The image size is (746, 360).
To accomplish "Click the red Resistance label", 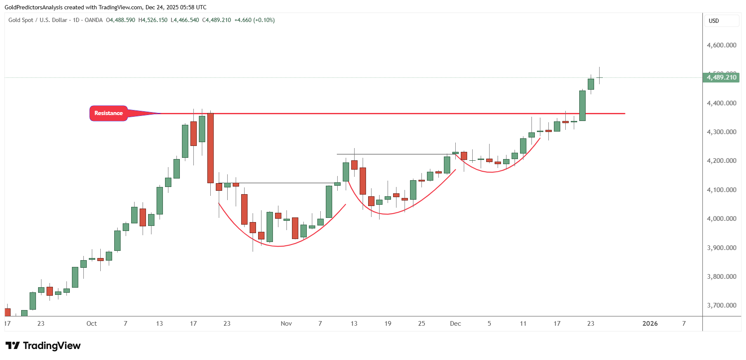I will point(108,113).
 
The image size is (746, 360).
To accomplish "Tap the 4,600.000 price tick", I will point(721,45).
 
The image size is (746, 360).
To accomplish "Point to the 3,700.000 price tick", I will point(721,305).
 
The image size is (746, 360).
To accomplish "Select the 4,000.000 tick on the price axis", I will point(721,219).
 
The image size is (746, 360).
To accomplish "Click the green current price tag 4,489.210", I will point(721,77).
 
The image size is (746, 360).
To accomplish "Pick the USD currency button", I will point(714,21).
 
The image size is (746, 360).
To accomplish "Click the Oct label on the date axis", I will point(91,324).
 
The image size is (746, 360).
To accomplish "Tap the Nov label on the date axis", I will point(286,324).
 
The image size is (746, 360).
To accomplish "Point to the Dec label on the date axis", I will point(455,324).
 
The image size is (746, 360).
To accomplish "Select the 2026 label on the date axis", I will point(650,324).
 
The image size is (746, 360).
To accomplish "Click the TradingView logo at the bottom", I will point(43,346).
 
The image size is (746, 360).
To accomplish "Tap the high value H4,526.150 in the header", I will point(153,20).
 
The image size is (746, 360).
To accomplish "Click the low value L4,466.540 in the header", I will point(184,20).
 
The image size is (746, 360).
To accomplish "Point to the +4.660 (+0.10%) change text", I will point(254,20).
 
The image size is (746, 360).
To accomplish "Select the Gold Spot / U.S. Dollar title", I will point(38,20).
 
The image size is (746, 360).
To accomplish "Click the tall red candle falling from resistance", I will point(210,148).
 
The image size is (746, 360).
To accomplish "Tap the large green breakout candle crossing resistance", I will point(582,106).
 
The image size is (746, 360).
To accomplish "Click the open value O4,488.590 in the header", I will point(121,20).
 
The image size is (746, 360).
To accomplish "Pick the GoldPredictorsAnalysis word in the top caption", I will point(33,7).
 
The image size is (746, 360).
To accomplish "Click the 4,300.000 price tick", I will point(721,132).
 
